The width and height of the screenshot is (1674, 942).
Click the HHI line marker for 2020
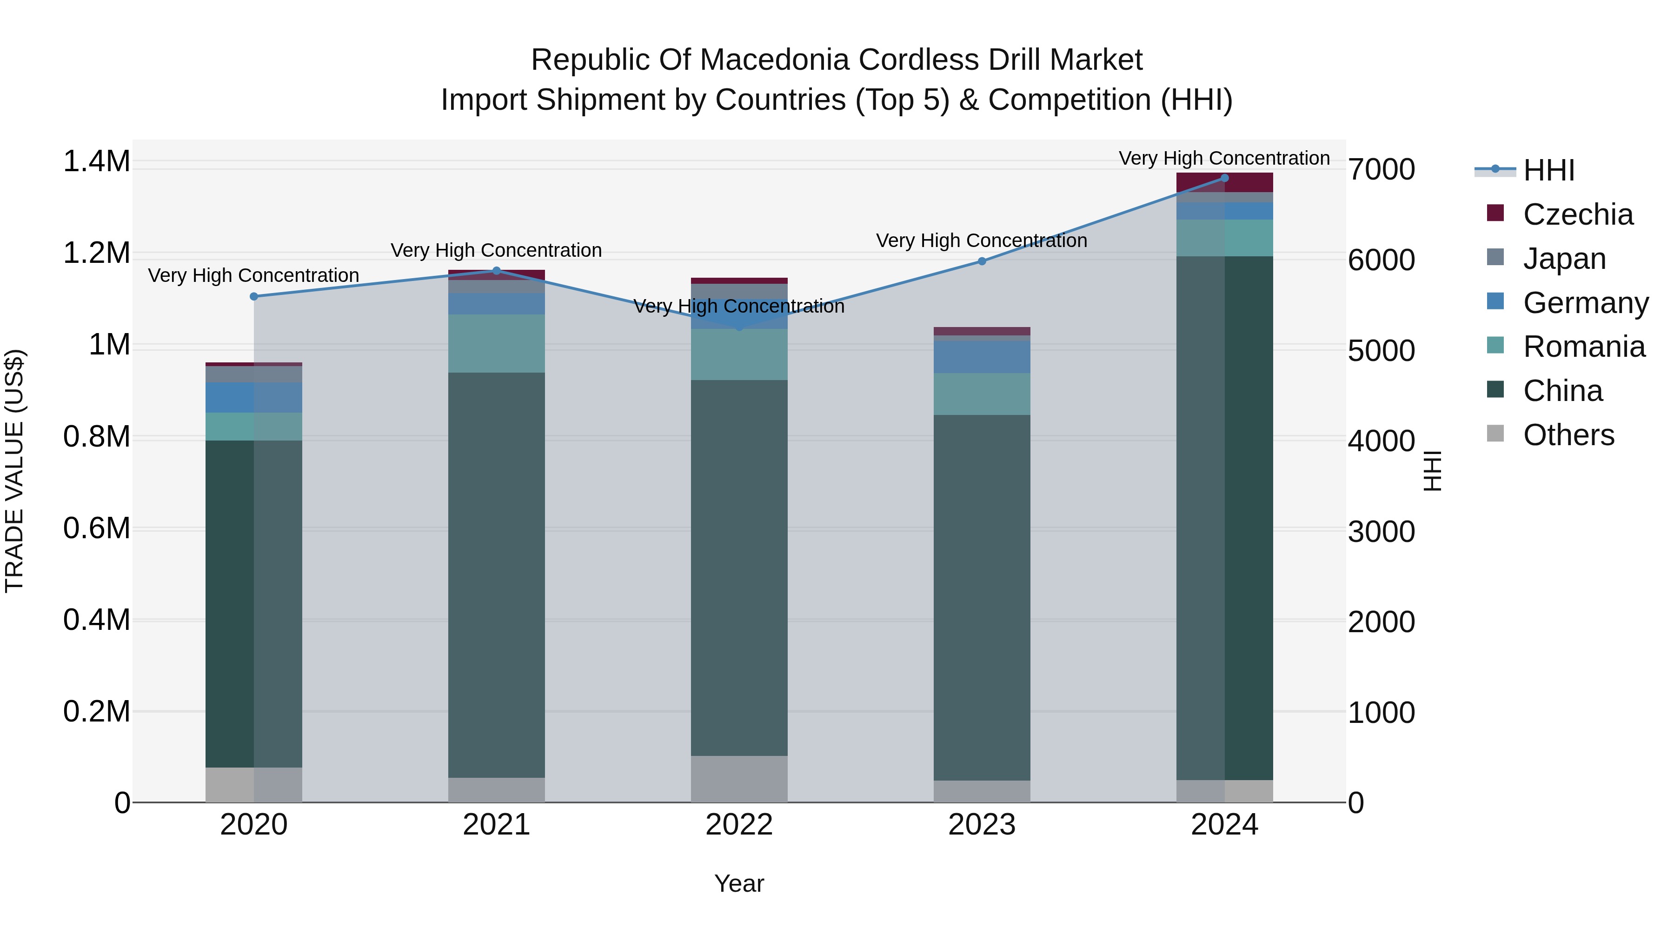tap(253, 296)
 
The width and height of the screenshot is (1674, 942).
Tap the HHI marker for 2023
tap(982, 261)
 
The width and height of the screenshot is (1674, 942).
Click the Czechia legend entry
tap(1577, 214)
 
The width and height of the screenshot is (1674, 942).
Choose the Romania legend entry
tap(1584, 347)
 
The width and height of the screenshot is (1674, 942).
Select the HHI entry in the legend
tap(1548, 170)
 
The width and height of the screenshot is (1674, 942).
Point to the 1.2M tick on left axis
tap(96, 253)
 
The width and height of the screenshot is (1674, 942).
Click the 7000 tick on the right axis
tap(1381, 170)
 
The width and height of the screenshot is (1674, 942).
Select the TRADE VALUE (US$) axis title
tap(14, 471)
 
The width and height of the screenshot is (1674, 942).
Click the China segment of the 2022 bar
tap(739, 567)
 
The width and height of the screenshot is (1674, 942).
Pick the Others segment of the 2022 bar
tap(739, 779)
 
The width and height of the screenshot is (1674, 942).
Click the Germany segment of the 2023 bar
tap(982, 357)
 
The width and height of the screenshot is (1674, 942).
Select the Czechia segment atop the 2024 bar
tap(1224, 183)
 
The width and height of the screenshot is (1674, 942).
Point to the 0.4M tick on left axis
tap(96, 620)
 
